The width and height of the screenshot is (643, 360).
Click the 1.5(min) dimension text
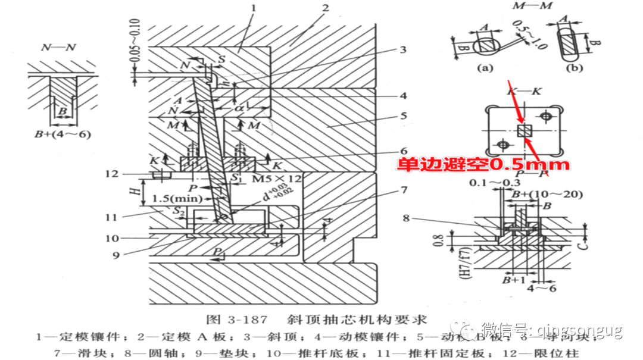coord(176,198)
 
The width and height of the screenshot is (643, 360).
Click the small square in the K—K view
coord(524,131)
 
